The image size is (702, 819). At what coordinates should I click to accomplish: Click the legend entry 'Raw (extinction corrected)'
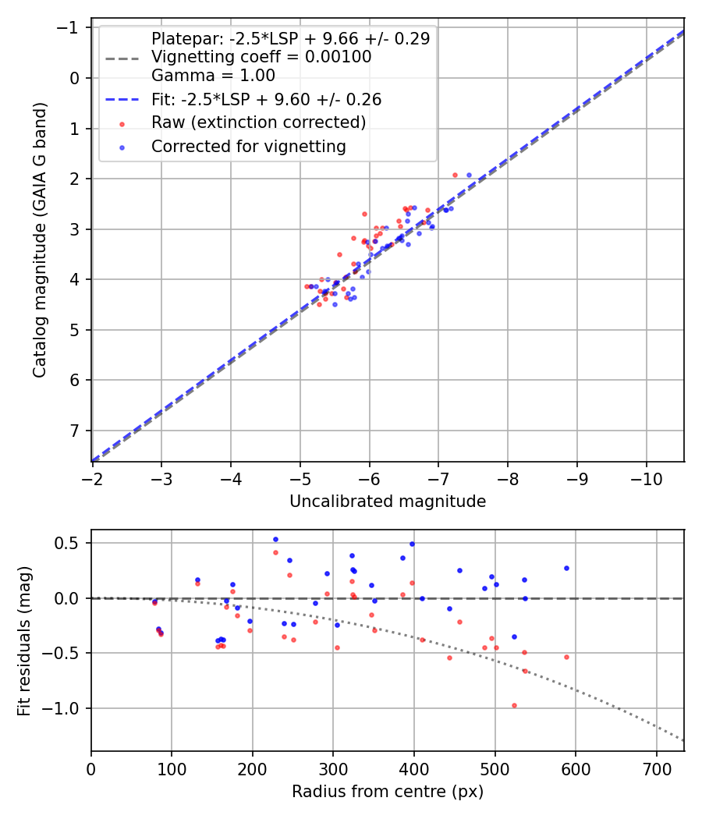258,122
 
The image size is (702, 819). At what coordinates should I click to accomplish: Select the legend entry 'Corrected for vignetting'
248,146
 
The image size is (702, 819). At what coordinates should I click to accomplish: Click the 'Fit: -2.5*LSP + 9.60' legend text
266,100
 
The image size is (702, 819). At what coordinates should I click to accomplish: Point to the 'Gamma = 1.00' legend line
213,76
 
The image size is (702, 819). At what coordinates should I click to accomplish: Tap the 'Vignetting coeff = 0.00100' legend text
261,57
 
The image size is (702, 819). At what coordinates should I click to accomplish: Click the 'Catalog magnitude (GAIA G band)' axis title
39,240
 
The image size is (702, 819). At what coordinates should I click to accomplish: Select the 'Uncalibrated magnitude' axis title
388,502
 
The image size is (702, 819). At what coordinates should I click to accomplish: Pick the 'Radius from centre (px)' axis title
388,792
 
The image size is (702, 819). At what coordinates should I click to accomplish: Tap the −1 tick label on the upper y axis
71,28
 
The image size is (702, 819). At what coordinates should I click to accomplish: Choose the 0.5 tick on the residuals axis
72,543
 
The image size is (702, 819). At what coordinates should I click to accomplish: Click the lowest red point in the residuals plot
514,705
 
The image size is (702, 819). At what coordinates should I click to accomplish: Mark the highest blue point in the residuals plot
275,539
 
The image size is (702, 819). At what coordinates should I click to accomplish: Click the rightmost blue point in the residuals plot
566,568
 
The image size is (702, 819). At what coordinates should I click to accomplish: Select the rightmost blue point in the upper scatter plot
469,175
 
